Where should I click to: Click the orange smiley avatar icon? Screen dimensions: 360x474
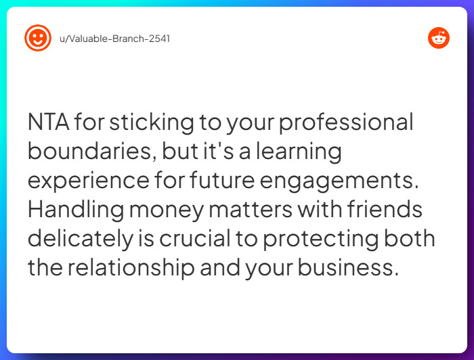coord(38,38)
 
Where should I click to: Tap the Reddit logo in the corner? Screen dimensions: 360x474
coord(439,38)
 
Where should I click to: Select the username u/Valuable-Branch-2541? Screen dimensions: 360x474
coord(114,39)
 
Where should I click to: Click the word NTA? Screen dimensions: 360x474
coord(47,122)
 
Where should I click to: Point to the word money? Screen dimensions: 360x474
coord(163,210)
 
